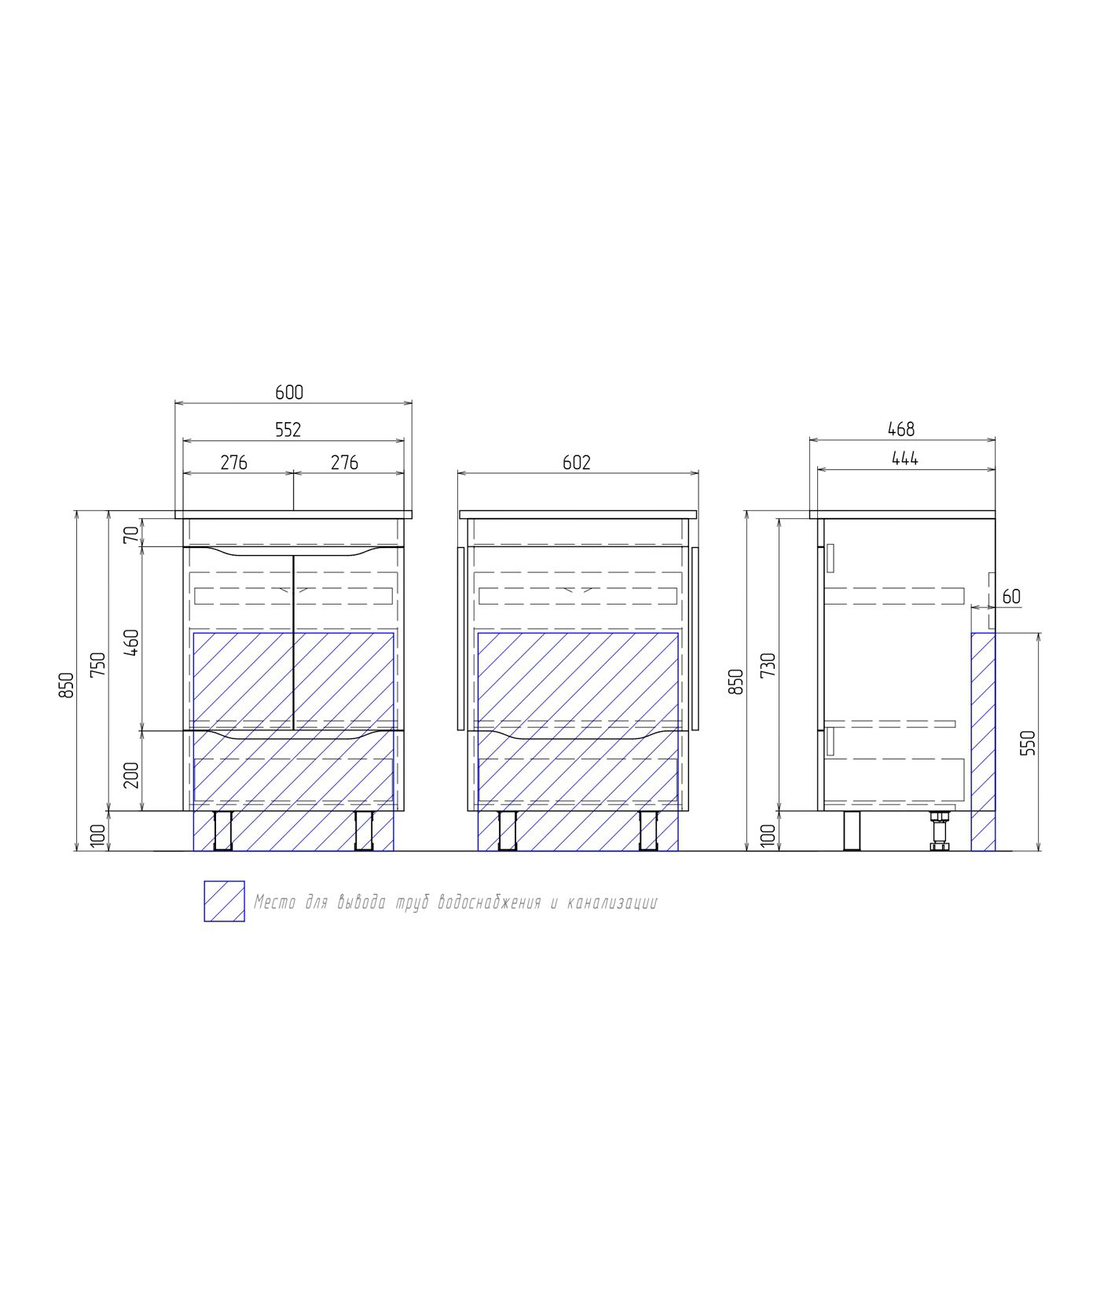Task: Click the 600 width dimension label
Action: coord(288,391)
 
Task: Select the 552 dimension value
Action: coord(288,429)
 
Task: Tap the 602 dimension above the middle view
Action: coord(577,462)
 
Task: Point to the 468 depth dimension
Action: coord(901,428)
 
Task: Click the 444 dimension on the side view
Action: coord(905,458)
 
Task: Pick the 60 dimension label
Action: coord(1011,597)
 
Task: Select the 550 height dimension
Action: coord(1028,743)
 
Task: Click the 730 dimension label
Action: coord(769,665)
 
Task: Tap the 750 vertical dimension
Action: coord(97,665)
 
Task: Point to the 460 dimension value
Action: coord(132,643)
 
